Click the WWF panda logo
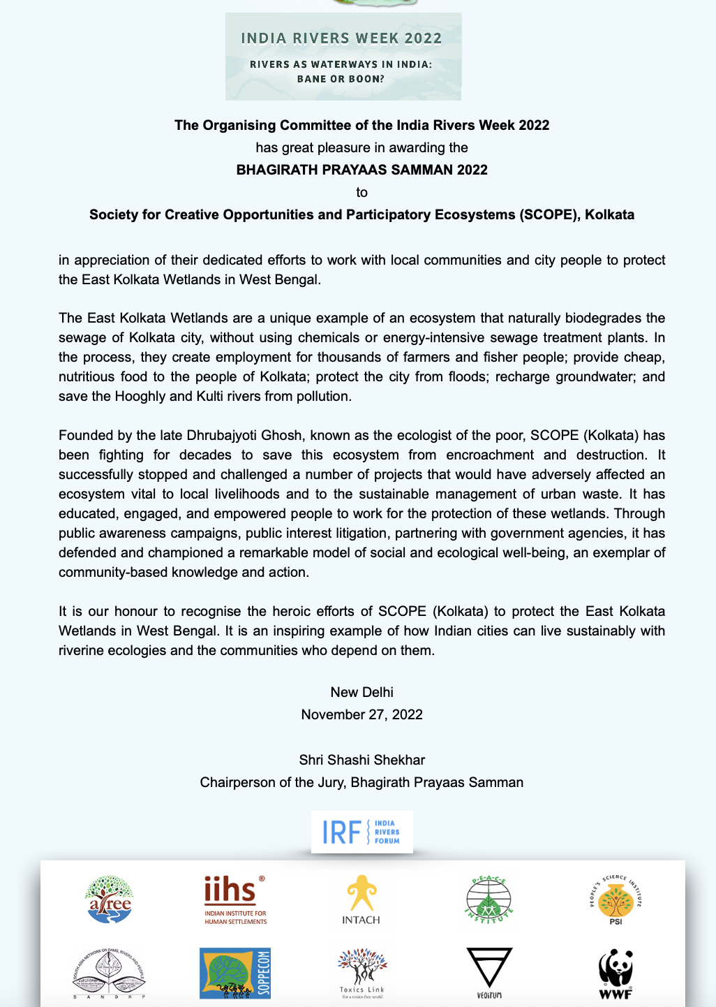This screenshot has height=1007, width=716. coord(615,972)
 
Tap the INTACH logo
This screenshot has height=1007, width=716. coord(361,899)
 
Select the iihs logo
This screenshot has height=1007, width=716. coord(235,899)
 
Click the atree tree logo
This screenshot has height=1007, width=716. coord(109,899)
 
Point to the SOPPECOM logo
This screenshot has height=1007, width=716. coord(235,973)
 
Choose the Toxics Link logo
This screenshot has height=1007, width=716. coord(361,972)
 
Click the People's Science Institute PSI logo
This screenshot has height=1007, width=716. coord(615,899)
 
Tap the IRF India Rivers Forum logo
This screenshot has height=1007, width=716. coord(361,832)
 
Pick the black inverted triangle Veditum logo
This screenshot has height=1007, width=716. coord(489,971)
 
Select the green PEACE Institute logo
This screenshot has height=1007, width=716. coord(488,899)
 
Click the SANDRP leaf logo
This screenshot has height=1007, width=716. coord(109,973)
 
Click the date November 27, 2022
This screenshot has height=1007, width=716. coord(361,714)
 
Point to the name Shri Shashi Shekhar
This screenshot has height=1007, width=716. coord(361,760)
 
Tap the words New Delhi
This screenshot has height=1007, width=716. coord(361,692)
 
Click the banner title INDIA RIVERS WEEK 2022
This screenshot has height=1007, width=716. coord(341,38)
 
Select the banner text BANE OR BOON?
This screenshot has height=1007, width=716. coord(341,79)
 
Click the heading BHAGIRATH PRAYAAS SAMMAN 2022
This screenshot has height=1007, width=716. coord(361,170)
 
